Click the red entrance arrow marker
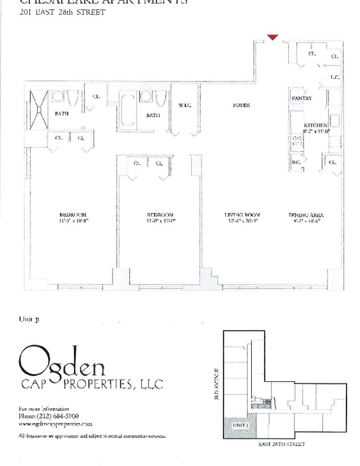[273, 37]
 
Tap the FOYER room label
[241, 105]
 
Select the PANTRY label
[301, 98]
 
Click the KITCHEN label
[315, 125]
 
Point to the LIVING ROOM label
[242, 215]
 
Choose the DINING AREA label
[306, 215]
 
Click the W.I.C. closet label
[185, 105]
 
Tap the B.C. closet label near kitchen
[296, 162]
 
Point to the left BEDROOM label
[72, 215]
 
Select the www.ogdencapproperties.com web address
[55, 424]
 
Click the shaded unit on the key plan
[240, 426]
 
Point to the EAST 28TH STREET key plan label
[282, 444]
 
